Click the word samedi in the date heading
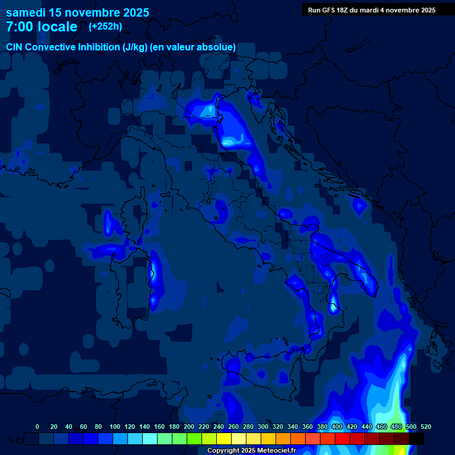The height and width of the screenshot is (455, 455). click(27, 12)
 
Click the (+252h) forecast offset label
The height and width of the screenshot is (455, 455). click(105, 27)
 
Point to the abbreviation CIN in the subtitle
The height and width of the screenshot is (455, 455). click(14, 47)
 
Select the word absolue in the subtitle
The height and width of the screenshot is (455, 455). click(216, 47)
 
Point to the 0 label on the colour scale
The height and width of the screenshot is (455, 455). click(38, 427)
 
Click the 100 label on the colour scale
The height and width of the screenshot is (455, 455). click(115, 427)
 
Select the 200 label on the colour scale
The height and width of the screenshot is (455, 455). click(189, 427)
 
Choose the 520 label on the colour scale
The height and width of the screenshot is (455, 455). click(425, 427)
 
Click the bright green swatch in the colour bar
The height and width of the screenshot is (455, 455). click(194, 438)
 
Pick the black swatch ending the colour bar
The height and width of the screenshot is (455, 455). click(416, 438)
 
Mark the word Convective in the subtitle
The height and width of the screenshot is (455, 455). click(50, 47)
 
